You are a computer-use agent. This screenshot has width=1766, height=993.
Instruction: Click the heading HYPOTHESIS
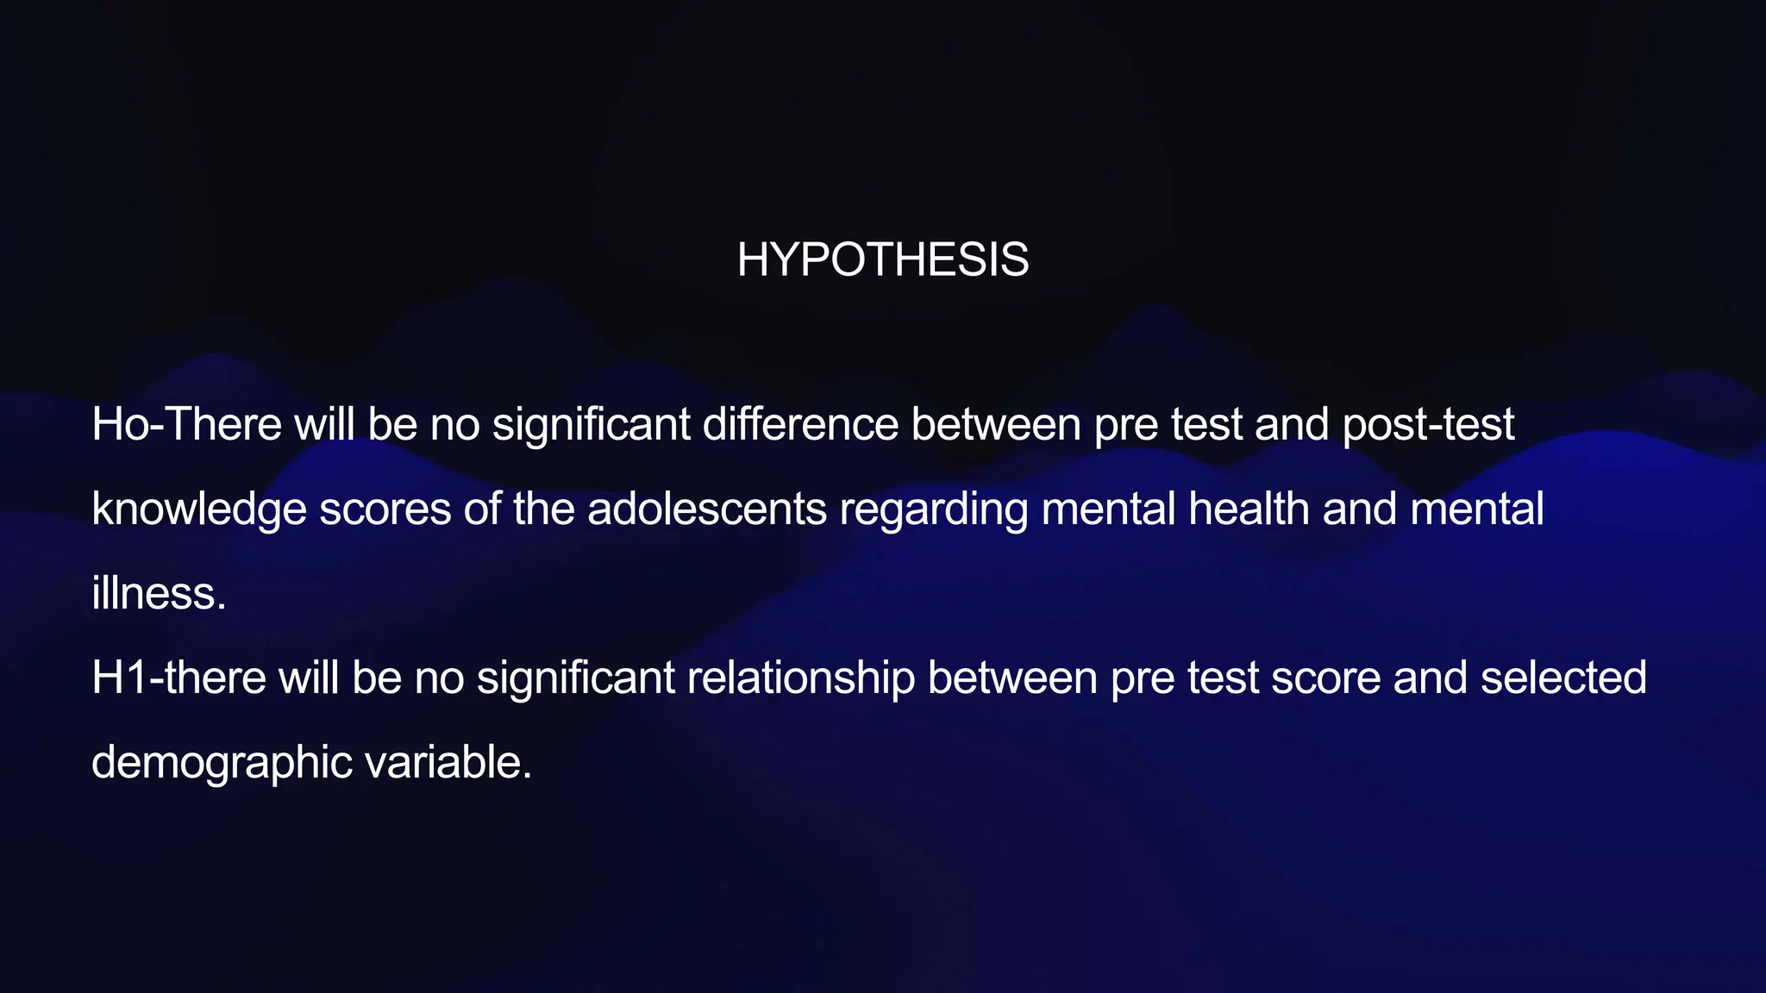tap(883, 259)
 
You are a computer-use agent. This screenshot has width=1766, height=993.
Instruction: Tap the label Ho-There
tap(186, 424)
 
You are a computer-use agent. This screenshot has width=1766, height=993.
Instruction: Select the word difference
tap(800, 424)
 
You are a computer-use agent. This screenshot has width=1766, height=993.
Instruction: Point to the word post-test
tap(1428, 424)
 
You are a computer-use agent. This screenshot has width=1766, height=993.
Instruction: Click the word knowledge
tap(199, 509)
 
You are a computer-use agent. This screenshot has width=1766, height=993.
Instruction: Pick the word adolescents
tap(707, 509)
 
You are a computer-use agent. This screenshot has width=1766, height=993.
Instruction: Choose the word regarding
tap(934, 509)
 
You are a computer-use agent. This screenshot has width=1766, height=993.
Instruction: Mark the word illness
tap(159, 593)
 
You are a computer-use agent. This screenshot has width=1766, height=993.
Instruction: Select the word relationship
tap(801, 678)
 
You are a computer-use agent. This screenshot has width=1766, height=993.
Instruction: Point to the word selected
tap(1563, 678)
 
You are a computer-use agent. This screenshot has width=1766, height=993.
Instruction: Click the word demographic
tap(222, 762)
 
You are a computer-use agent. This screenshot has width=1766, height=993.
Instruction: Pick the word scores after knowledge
tap(385, 509)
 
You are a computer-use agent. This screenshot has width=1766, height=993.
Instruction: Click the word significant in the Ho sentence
tap(592, 424)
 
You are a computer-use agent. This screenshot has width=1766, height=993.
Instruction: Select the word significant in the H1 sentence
tap(576, 678)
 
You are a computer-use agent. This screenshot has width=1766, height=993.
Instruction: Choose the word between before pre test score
tap(1013, 678)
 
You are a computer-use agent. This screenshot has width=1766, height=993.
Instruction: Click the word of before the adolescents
tap(482, 509)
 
